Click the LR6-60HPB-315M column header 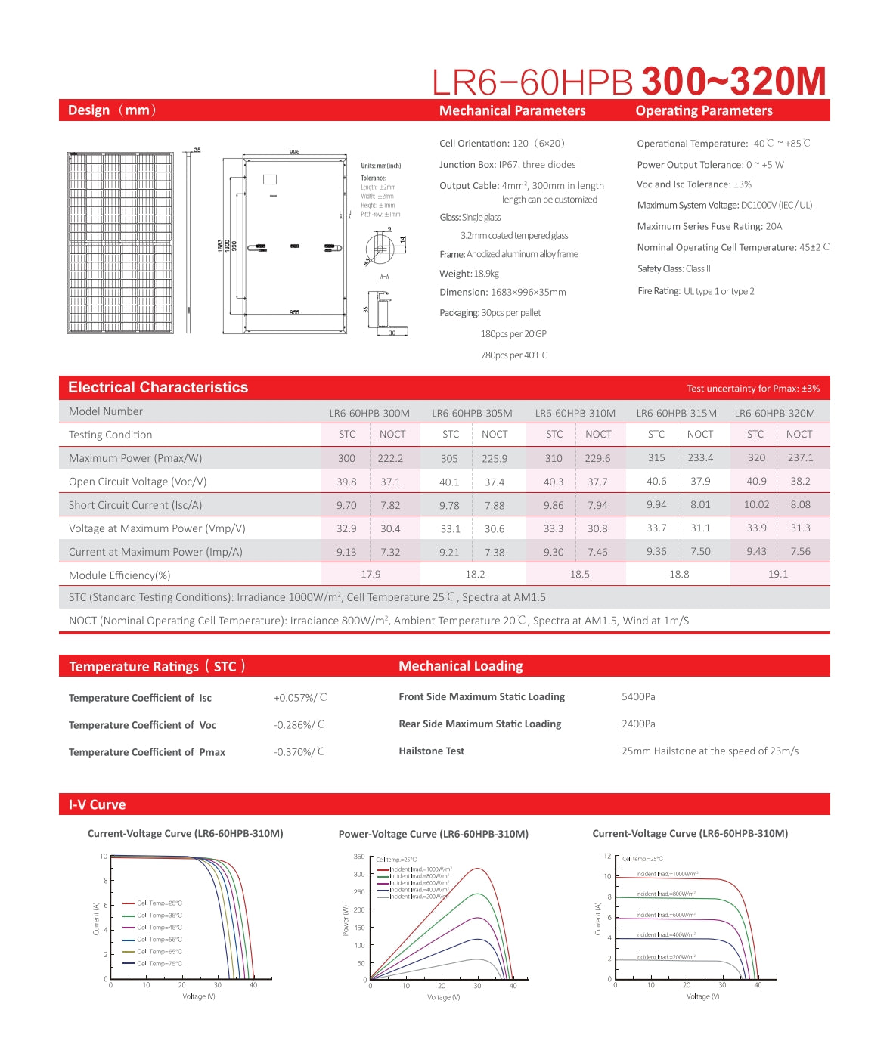(676, 413)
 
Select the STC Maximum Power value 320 (756, 457)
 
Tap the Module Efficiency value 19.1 (777, 574)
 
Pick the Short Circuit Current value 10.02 (756, 504)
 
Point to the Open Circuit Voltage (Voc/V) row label (138, 482)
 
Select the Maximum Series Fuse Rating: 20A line (709, 226)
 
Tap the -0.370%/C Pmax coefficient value (299, 751)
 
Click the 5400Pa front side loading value (638, 696)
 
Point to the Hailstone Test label (431, 751)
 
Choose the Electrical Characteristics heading (158, 387)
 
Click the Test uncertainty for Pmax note (752, 389)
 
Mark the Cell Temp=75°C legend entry (159, 963)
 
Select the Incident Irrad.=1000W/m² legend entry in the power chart (420, 869)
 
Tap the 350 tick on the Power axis (359, 857)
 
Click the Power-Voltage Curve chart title (433, 834)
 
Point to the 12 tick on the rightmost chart (607, 856)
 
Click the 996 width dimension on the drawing (294, 152)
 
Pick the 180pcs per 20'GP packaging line (513, 333)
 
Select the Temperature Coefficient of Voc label (142, 725)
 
